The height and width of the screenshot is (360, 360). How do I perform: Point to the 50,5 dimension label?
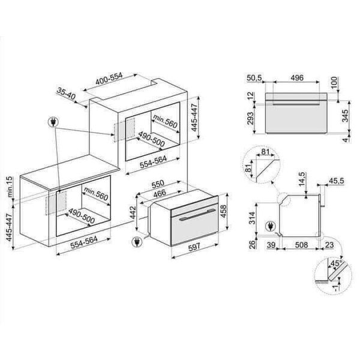255,78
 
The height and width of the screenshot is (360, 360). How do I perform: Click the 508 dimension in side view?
293,245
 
